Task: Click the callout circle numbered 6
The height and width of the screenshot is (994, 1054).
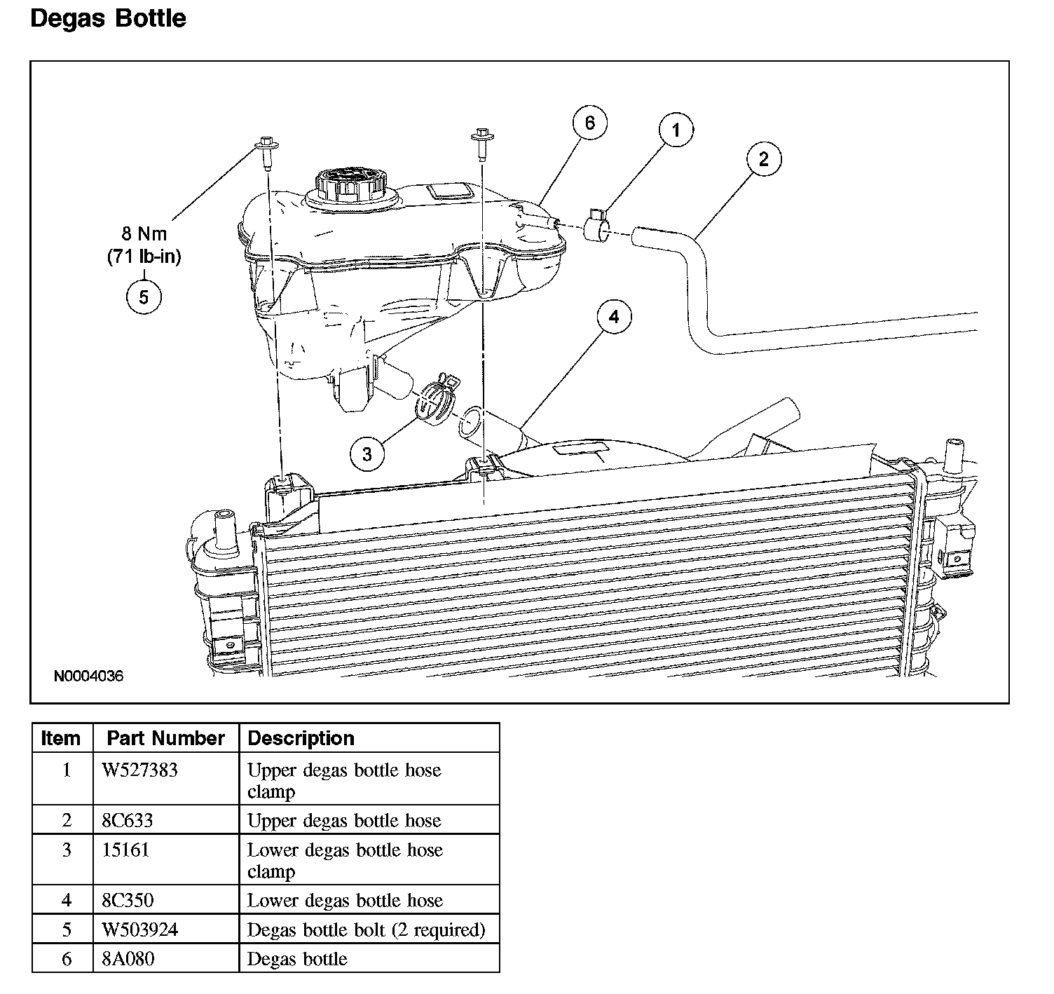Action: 589,123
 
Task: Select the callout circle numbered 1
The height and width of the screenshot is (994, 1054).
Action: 676,130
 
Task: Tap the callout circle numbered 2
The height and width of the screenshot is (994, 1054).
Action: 763,159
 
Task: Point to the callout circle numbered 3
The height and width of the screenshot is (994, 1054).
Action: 367,454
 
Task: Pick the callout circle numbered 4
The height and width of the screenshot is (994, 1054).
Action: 614,318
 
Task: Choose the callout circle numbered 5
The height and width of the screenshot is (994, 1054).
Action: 144,297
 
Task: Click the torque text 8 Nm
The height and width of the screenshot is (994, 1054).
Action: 144,234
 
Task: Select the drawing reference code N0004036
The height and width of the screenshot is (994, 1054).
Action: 89,676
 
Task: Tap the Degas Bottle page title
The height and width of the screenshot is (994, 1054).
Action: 109,18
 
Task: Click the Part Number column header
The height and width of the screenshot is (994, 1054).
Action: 165,738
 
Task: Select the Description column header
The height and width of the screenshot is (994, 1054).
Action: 301,738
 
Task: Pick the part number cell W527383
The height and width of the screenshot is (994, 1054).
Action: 140,770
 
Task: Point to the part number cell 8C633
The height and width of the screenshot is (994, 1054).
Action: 128,820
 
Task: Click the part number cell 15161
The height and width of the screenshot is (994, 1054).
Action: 126,850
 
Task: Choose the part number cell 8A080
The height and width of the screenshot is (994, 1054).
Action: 128,958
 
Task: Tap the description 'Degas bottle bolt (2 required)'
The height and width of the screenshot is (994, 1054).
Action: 367,930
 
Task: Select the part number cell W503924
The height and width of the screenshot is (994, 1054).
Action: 140,930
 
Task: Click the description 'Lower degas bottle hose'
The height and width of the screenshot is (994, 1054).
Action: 345,900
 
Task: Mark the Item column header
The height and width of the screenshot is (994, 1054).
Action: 61,738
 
